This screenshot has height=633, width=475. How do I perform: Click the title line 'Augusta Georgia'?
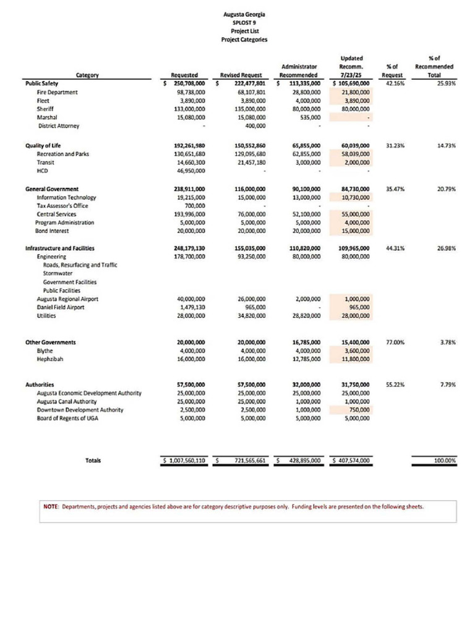pyautogui.click(x=244, y=14)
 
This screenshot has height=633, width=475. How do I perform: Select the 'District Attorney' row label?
pyautogui.click(x=59, y=125)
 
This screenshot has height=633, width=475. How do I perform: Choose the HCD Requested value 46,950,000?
pyautogui.click(x=191, y=171)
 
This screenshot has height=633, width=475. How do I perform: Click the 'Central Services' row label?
pyautogui.click(x=56, y=214)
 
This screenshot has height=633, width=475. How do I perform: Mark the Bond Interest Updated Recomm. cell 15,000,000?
pyautogui.click(x=356, y=231)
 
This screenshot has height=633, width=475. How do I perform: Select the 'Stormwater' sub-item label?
pyautogui.click(x=58, y=273)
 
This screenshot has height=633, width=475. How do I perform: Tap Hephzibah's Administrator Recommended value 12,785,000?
pyautogui.click(x=306, y=359)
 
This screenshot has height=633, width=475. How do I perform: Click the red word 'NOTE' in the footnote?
pyautogui.click(x=51, y=506)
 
